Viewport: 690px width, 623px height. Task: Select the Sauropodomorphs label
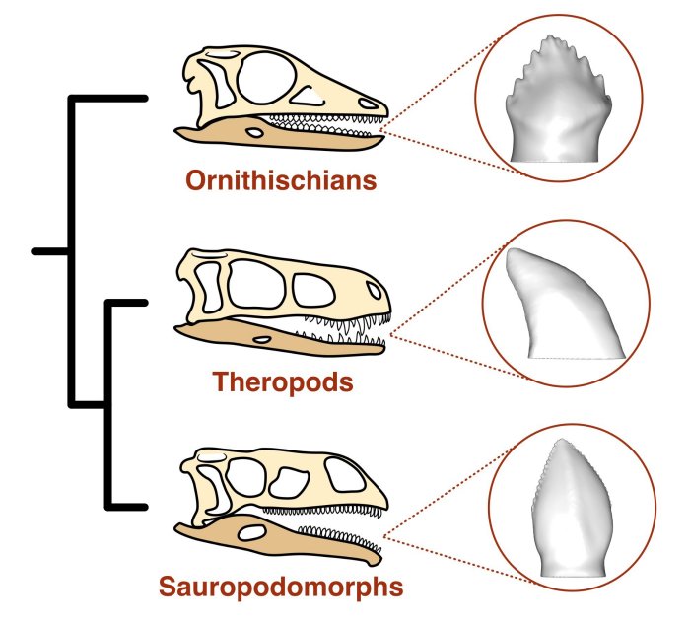[x=281, y=588]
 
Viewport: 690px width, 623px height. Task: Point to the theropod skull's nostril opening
[x=373, y=291]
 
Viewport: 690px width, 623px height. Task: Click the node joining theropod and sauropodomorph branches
[x=106, y=403]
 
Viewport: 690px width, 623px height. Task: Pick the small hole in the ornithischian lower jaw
[x=254, y=130]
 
